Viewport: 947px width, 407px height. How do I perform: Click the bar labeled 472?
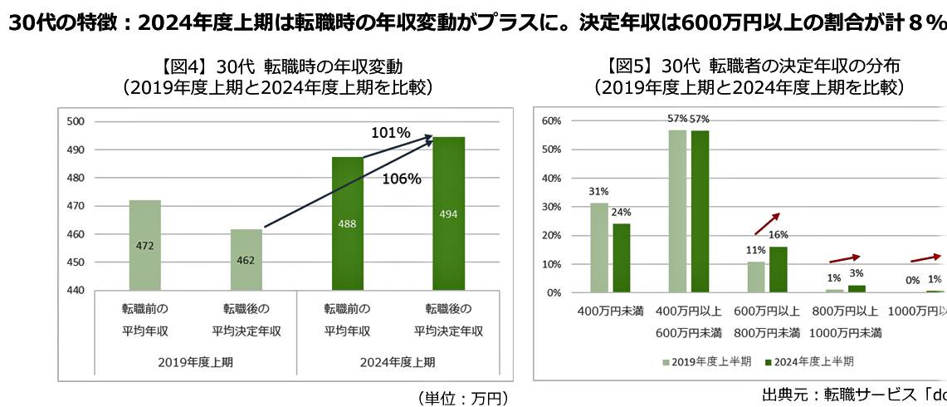click(144, 245)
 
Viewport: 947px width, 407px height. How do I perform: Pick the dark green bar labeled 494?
click(448, 213)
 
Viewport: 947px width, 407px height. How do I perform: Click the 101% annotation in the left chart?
click(390, 133)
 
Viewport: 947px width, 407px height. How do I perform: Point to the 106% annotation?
click(402, 179)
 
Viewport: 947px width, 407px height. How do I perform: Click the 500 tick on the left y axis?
click(76, 121)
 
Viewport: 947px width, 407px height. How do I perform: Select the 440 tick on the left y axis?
click(76, 290)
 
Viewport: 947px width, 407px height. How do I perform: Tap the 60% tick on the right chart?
click(551, 121)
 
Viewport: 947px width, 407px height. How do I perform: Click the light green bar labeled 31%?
click(599, 248)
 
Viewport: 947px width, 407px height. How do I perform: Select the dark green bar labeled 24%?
click(621, 257)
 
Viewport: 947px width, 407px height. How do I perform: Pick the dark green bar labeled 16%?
click(779, 269)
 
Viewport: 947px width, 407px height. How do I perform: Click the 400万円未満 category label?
click(610, 311)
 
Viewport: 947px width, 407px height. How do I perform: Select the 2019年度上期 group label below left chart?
click(195, 362)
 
